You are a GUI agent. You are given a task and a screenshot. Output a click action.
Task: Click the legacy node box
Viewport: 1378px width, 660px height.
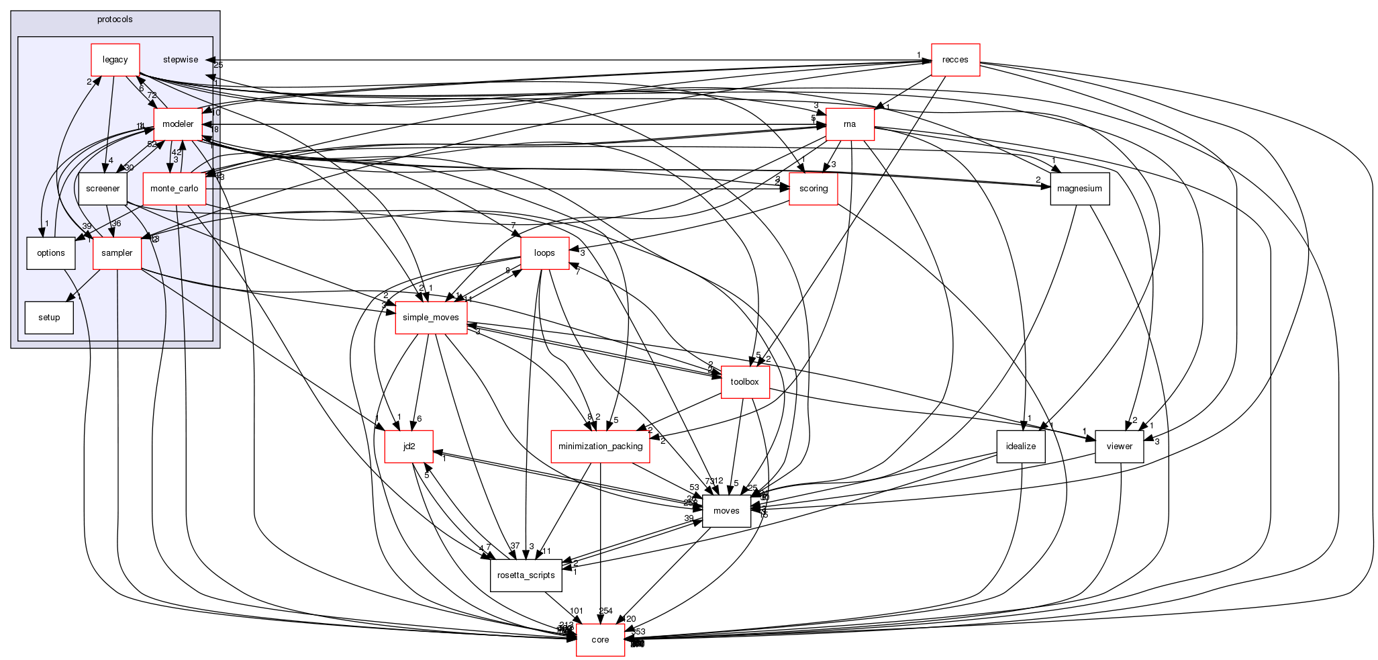[115, 60]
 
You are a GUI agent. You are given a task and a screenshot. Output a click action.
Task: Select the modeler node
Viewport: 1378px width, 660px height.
[178, 124]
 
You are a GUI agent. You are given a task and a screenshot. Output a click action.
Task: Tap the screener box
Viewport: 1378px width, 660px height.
[103, 189]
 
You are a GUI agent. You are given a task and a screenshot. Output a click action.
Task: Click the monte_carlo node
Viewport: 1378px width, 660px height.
[174, 189]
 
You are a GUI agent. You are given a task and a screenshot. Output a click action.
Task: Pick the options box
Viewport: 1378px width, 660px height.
[51, 253]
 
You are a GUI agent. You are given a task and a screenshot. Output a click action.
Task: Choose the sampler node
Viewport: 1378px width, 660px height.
[117, 253]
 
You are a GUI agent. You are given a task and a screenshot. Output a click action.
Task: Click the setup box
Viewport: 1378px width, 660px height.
[49, 318]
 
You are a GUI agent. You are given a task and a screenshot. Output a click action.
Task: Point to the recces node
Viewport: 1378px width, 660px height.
[955, 60]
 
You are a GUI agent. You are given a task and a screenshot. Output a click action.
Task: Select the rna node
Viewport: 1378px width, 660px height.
[850, 124]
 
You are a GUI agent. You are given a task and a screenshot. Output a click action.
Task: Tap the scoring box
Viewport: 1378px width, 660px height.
[814, 189]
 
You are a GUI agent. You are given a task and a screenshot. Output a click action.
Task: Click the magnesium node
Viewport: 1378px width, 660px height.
[1079, 189]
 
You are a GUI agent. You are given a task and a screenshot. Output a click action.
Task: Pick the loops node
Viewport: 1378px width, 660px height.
[544, 253]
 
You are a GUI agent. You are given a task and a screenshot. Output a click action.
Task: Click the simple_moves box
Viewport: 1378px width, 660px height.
[431, 318]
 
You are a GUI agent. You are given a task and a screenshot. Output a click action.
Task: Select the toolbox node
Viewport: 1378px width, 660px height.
[745, 382]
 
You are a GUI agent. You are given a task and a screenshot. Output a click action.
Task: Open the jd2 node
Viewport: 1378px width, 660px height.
[409, 446]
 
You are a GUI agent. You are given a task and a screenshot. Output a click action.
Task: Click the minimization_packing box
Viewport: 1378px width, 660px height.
[601, 446]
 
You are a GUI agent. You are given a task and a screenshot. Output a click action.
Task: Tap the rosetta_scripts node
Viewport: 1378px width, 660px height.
[526, 575]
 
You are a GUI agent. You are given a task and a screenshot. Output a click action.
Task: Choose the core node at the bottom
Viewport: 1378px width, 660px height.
[600, 640]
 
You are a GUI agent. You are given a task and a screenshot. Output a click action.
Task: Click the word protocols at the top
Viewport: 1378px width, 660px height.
[115, 19]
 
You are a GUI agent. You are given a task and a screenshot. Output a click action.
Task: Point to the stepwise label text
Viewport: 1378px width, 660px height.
[181, 60]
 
